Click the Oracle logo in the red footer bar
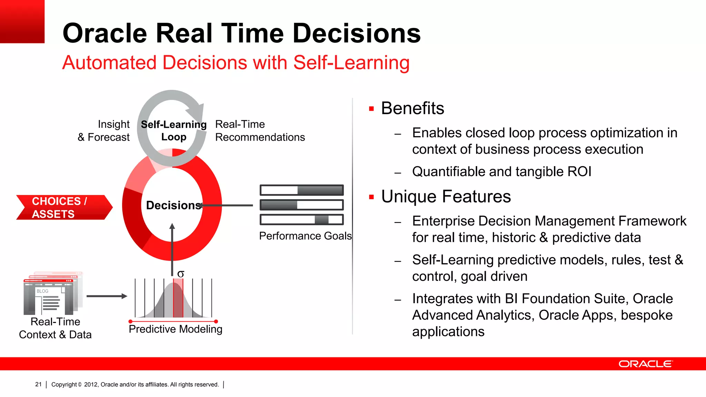pyautogui.click(x=645, y=364)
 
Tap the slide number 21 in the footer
pyautogui.click(x=38, y=384)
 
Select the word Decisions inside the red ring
pyautogui.click(x=173, y=205)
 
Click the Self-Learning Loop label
pyautogui.click(x=173, y=131)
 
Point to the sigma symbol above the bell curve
pyautogui.click(x=181, y=274)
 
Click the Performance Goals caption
pyautogui.click(x=305, y=236)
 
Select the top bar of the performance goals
pyautogui.click(x=302, y=190)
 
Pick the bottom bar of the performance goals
pyautogui.click(x=302, y=220)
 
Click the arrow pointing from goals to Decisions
pyautogui.click(x=228, y=205)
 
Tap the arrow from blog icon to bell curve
pyautogui.click(x=107, y=296)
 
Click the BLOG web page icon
pyautogui.click(x=52, y=295)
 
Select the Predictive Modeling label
pyautogui.click(x=175, y=329)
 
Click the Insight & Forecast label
pyautogui.click(x=104, y=131)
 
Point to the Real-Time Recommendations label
pyautogui.click(x=260, y=131)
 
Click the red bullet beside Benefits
pyautogui.click(x=371, y=109)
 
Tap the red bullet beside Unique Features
pyautogui.click(x=371, y=197)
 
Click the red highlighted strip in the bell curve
pyautogui.click(x=178, y=298)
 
